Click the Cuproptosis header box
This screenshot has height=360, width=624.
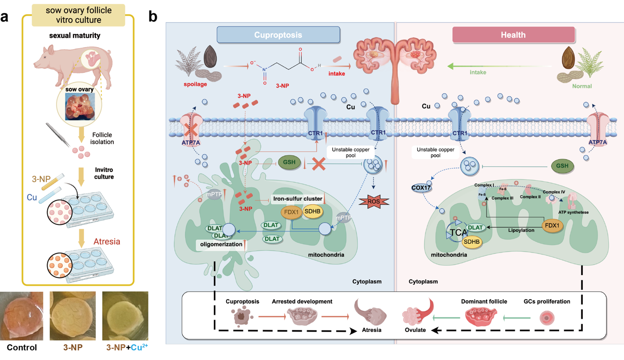[x=278, y=35]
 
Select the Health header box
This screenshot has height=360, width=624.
[x=513, y=35]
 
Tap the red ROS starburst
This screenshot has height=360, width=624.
[x=374, y=201]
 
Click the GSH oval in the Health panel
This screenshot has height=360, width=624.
[x=562, y=166]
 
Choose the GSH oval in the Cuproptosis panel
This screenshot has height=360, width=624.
[x=289, y=163]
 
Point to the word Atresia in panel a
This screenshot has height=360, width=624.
[x=107, y=242]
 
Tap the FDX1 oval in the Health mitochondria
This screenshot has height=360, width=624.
[x=552, y=226]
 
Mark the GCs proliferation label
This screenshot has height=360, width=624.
[x=547, y=301]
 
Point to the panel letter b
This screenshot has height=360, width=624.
[x=153, y=16]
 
